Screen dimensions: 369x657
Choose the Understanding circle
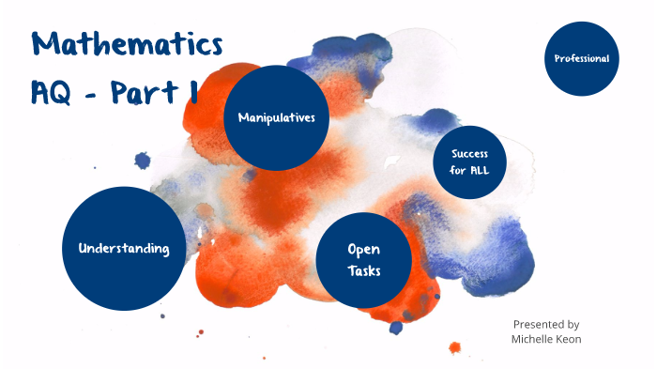[x=124, y=248]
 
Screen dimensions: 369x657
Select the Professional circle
[x=582, y=58]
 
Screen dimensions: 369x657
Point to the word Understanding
[x=124, y=249]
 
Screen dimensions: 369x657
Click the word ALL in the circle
[x=481, y=171]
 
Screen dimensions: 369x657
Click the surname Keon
[x=569, y=338]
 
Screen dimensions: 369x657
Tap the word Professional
[x=582, y=58]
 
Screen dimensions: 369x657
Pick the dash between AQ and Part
[x=97, y=94]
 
